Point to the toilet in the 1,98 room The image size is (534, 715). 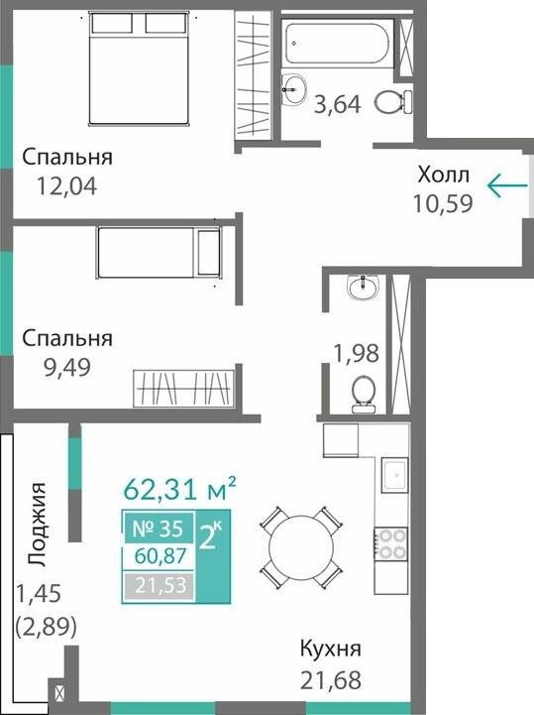click(364, 392)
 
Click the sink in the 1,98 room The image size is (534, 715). click(362, 288)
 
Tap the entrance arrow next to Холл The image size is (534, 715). click(505, 183)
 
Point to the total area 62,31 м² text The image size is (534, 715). click(179, 489)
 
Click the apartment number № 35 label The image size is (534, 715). click(153, 528)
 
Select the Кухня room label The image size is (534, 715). click(331, 651)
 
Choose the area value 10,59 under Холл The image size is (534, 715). click(442, 203)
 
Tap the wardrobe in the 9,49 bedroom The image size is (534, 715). click(184, 386)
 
